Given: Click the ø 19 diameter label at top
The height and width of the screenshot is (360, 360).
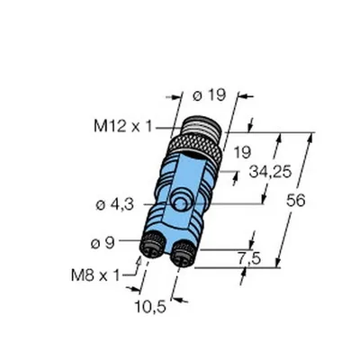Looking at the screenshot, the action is [x=209, y=95].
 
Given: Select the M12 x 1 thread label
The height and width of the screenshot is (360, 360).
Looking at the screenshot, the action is [x=123, y=126].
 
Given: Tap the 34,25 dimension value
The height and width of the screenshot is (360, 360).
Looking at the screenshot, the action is [x=270, y=172].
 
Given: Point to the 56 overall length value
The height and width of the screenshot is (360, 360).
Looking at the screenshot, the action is [x=295, y=200].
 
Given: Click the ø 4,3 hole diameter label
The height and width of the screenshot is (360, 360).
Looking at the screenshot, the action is [x=114, y=205].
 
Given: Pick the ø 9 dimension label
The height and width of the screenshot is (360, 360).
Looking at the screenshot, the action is [x=103, y=243].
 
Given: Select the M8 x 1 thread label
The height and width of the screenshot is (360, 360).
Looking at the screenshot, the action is [x=95, y=275].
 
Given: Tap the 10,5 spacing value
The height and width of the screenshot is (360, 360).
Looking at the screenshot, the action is [x=150, y=307].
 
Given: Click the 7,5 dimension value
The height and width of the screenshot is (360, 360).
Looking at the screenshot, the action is [x=249, y=258].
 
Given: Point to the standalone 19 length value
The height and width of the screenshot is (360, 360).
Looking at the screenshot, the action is [x=242, y=153].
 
